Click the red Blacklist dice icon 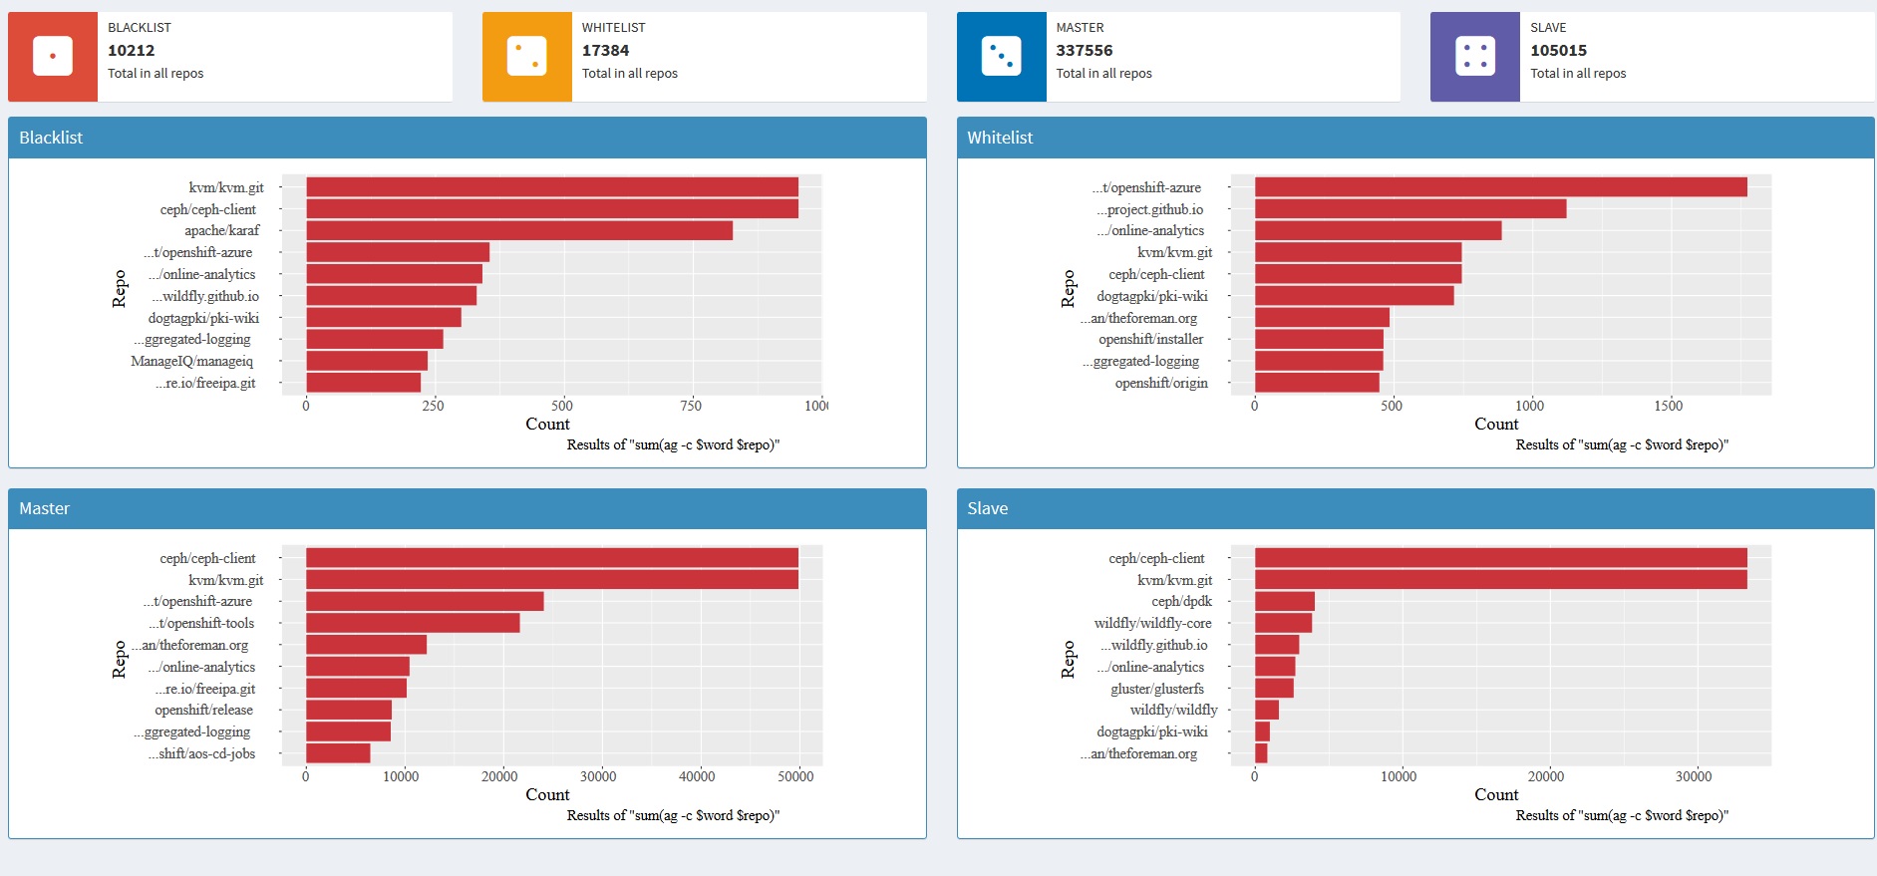point(53,57)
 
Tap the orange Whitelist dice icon point(526,57)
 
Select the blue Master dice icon point(1001,57)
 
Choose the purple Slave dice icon point(1474,57)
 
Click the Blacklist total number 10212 point(132,51)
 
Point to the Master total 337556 point(1085,51)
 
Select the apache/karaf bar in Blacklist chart point(518,230)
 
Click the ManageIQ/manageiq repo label point(191,361)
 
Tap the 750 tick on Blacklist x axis point(691,406)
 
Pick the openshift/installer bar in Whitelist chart point(1318,340)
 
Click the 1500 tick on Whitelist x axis point(1668,406)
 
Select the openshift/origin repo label point(1161,383)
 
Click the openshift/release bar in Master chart point(348,710)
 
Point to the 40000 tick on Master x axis point(697,776)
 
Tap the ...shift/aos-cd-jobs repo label point(201,753)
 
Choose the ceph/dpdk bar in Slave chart point(1284,601)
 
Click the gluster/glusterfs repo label point(1157,689)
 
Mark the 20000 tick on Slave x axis point(1546,776)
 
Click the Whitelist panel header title point(1000,138)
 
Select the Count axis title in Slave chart point(1496,794)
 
